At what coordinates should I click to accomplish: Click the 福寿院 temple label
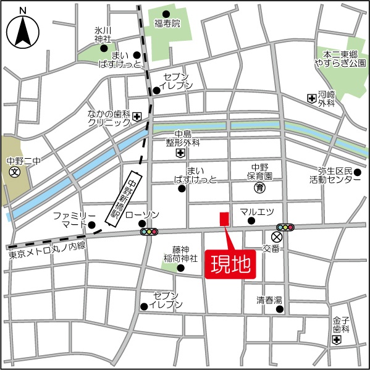pos(167,24)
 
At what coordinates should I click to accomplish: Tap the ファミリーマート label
pos(74,220)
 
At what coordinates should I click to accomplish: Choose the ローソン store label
pos(142,215)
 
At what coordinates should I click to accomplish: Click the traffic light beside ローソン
pos(149,232)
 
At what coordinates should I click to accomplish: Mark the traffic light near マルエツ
pos(285,227)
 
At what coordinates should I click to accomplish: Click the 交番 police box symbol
pos(276,237)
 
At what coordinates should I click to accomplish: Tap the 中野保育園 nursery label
pos(266,171)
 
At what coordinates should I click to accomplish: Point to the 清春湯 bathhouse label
pos(269,301)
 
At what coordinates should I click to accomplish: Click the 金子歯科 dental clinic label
pos(341,325)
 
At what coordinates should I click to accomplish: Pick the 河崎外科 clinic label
pos(326,99)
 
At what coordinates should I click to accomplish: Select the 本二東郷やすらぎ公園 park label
pos(340,59)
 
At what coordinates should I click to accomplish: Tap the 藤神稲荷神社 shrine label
pos(185,254)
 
